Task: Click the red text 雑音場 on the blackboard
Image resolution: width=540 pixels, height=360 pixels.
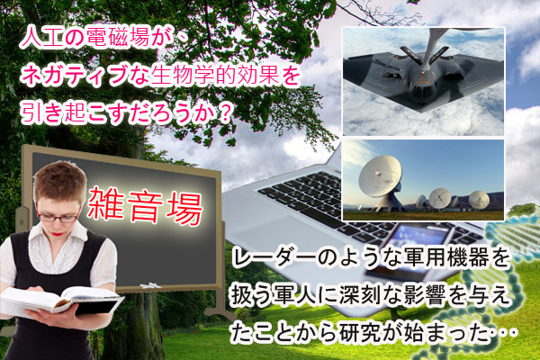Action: point(145,206)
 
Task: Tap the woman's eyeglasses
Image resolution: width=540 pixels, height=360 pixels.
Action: point(58,217)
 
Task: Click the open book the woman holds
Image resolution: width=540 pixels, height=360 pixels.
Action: point(62,301)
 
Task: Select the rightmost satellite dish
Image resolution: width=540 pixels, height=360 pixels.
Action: point(479,200)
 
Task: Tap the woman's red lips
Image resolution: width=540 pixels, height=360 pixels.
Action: point(58,234)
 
